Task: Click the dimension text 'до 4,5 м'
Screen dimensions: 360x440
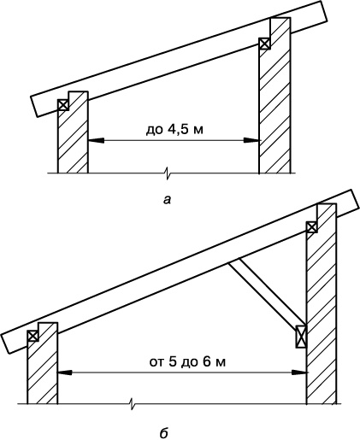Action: point(174,130)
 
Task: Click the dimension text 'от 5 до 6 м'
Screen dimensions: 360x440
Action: point(187,362)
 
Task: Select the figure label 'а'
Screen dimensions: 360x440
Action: point(167,200)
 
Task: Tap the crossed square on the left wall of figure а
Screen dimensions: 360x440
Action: point(63,105)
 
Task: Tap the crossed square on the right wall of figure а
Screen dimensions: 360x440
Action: point(264,44)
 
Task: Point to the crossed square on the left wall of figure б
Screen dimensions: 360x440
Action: point(33,336)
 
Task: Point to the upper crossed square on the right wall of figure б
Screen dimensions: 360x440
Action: point(312,227)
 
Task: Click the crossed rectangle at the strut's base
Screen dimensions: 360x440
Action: point(301,337)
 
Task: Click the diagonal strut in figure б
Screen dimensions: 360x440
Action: point(267,291)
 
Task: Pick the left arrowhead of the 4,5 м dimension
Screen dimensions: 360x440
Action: point(96,140)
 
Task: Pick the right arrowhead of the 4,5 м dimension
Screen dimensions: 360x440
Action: point(251,140)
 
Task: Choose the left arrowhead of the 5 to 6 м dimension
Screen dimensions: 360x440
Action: point(65,372)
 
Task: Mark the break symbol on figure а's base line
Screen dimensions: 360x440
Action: point(168,173)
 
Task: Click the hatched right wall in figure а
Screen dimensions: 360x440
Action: point(275,97)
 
